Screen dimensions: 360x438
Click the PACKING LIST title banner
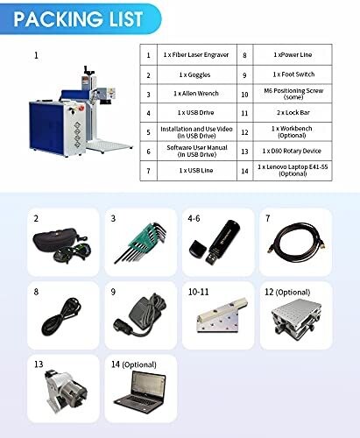coord(80,18)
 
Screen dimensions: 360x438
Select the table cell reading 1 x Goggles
coord(197,75)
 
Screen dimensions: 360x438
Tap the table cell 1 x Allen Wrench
coord(197,94)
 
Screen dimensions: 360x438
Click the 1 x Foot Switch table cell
coord(293,74)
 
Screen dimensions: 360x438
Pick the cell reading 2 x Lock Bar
coord(293,113)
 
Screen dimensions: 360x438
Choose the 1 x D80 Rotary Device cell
coord(293,151)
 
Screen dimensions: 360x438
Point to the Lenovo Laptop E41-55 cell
coord(293,171)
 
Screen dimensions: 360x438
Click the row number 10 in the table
coord(244,95)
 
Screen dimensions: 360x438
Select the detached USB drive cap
coord(198,249)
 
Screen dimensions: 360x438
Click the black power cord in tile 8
coord(61,316)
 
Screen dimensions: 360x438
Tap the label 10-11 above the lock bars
coord(198,292)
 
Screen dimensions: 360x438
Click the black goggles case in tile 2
coord(55,240)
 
